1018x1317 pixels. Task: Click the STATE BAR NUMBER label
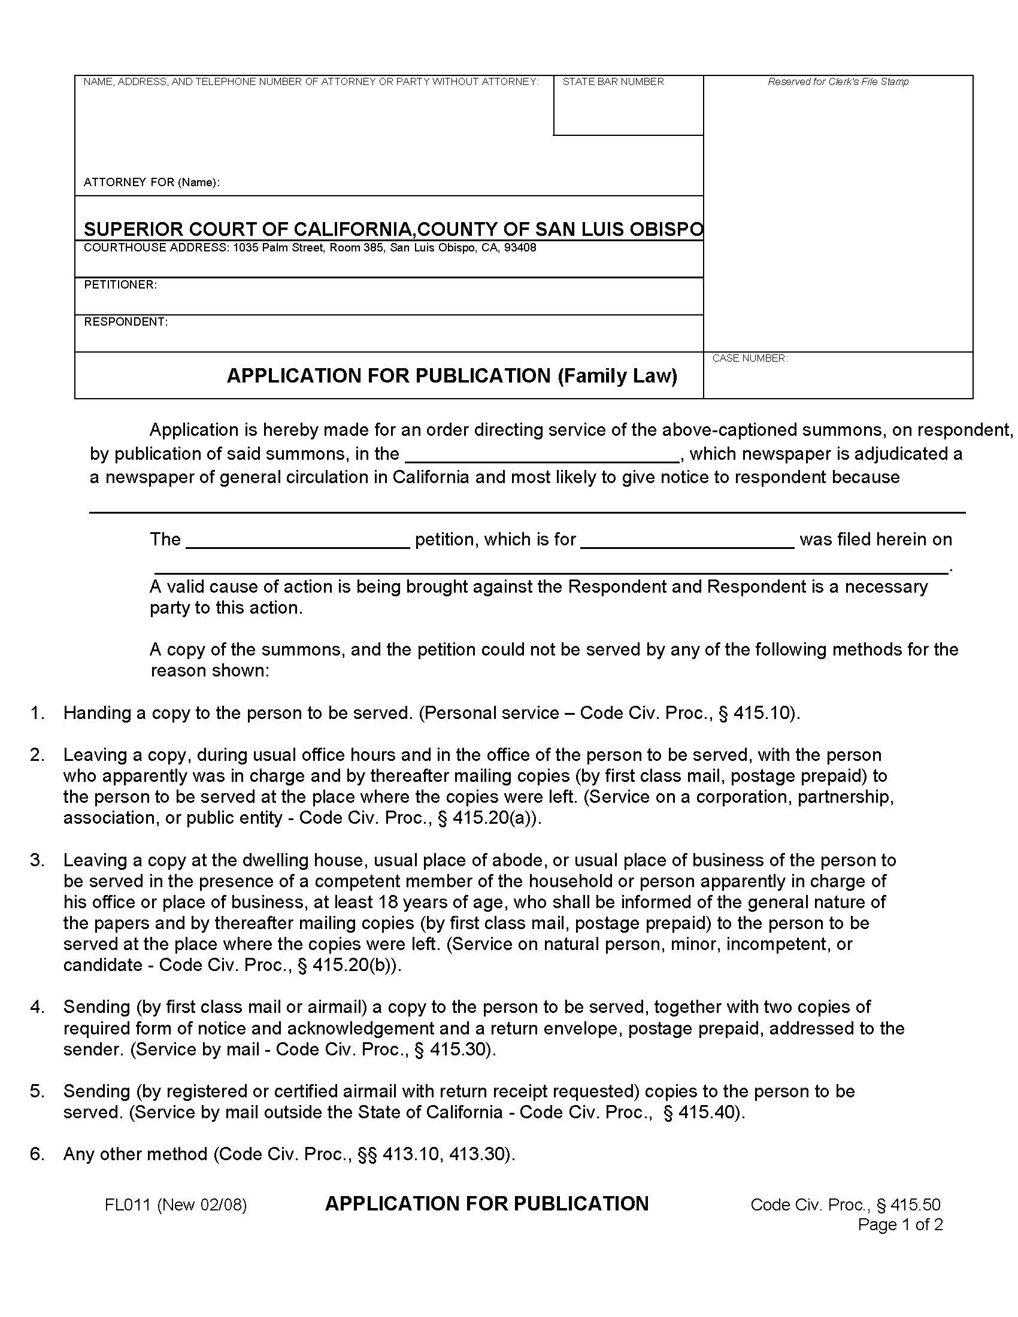(x=613, y=81)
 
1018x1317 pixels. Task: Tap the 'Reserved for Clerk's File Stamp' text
(x=838, y=81)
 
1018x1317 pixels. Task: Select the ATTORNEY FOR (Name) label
(x=152, y=182)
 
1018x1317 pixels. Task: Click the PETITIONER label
(x=120, y=284)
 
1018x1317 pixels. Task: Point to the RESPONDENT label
(x=125, y=322)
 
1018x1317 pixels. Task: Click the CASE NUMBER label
(x=750, y=358)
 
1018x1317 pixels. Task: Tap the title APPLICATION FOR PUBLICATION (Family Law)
(x=452, y=376)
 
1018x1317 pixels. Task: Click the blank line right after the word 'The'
(x=298, y=542)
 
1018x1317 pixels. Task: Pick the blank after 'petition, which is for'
(x=687, y=542)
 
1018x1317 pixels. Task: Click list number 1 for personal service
(x=37, y=713)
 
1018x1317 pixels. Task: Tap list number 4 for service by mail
(x=37, y=1006)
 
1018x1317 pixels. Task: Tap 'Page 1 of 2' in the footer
(x=900, y=1225)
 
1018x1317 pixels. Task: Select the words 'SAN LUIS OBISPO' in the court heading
(x=619, y=229)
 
